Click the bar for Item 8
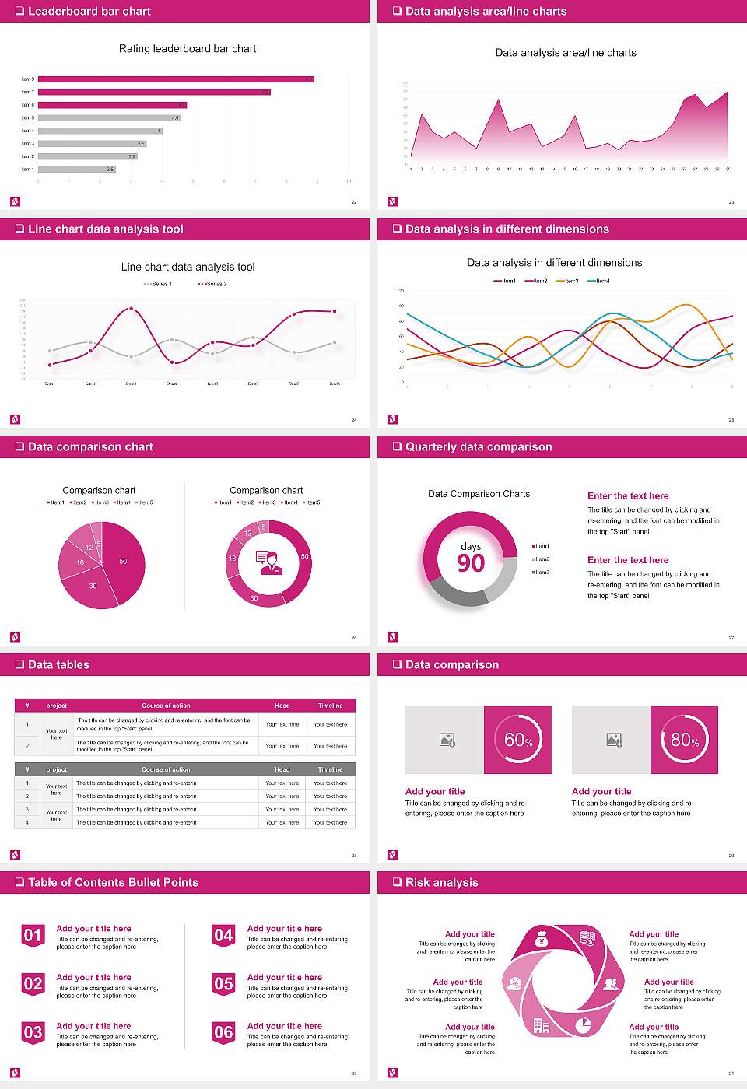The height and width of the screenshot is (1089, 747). [176, 79]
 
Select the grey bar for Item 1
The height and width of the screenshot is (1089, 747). [76, 169]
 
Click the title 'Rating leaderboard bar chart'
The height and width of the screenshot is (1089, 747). [187, 49]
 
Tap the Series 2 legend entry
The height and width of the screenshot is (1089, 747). [212, 284]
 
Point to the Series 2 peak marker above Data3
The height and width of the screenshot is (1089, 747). [131, 309]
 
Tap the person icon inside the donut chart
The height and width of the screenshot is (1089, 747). [268, 562]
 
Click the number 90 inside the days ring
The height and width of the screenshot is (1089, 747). [471, 563]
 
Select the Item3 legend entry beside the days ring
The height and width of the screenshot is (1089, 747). [541, 573]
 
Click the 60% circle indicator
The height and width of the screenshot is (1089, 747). [517, 740]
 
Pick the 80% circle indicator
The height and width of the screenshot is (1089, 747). [684, 740]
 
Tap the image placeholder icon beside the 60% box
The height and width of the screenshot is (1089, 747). [447, 740]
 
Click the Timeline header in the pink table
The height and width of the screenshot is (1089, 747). [330, 706]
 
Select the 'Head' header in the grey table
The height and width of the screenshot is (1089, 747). [282, 769]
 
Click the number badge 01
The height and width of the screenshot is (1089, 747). [33, 936]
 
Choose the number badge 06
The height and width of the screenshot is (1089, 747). [223, 1033]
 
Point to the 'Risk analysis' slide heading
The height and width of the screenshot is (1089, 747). [441, 883]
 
